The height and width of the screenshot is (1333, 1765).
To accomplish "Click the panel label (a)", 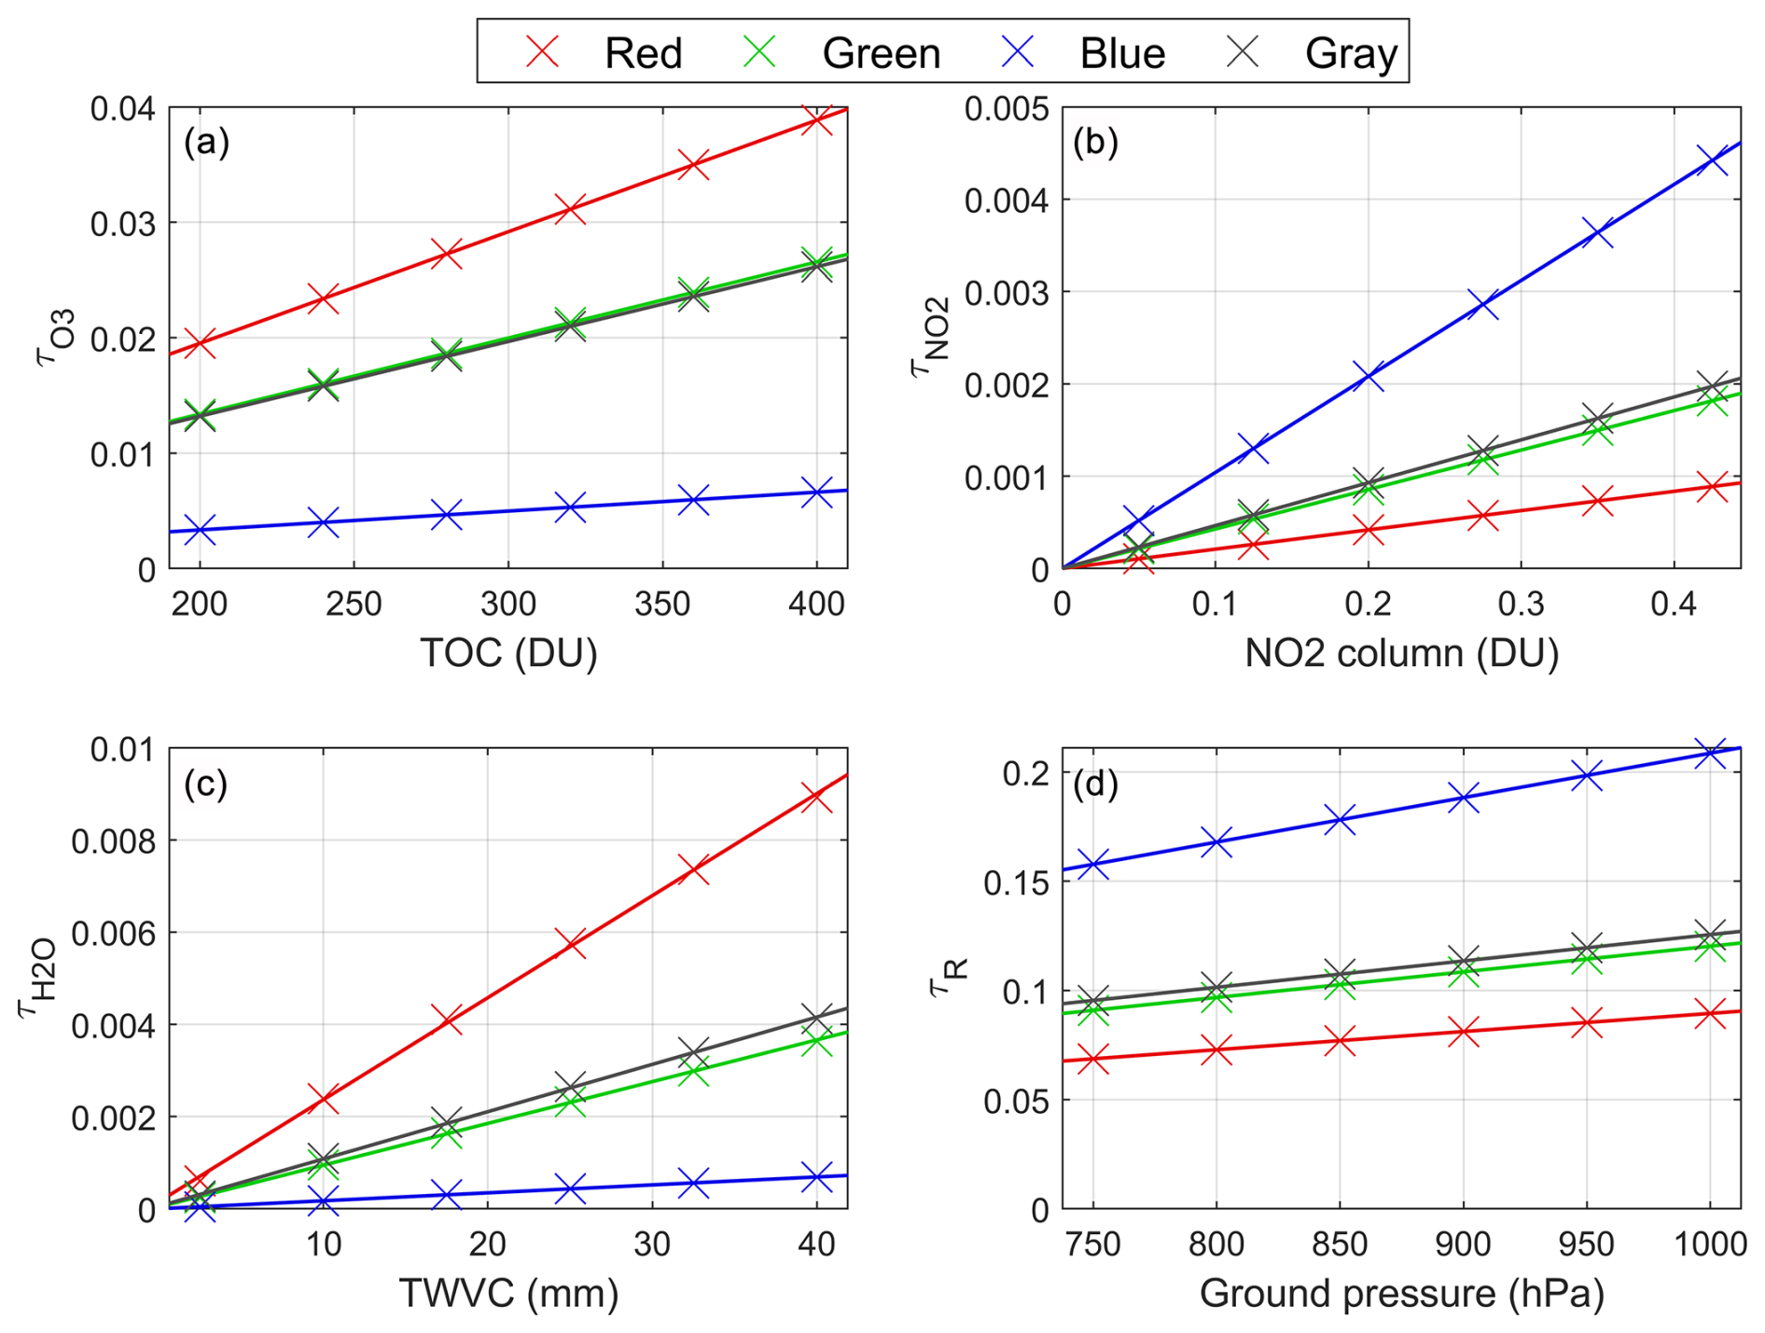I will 206,142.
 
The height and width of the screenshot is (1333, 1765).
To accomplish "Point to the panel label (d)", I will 1095,784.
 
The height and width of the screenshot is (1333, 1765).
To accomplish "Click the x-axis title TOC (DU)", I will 508,652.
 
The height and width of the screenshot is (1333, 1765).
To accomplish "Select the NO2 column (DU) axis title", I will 1401,652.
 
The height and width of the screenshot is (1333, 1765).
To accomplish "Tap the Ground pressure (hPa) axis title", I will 1401,1293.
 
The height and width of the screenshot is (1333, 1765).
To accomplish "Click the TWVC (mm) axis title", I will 508,1293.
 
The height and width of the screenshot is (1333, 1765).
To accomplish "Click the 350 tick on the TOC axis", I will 662,604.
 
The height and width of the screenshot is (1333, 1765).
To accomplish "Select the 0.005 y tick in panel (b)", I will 1006,108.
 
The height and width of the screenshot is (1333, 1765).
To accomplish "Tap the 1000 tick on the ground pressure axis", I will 1709,1244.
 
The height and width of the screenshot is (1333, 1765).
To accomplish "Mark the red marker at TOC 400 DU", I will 816,119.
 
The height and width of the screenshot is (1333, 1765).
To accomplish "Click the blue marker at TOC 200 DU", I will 200,529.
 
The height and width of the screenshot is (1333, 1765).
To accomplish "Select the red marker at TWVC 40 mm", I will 816,797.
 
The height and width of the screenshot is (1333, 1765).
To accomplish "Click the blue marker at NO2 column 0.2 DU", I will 1368,376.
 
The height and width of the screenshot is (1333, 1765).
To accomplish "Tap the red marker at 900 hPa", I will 1463,1032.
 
